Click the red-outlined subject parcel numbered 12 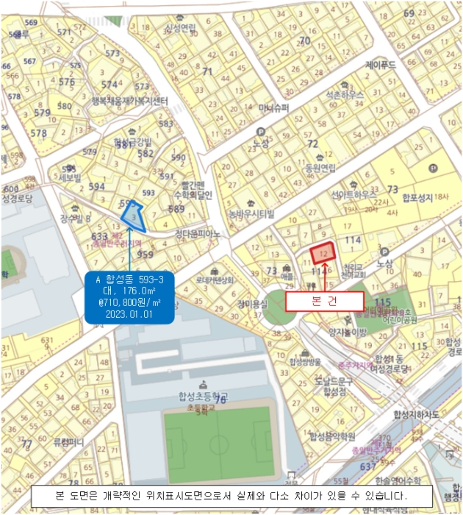[x=323, y=252]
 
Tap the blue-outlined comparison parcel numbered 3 [x=133, y=217]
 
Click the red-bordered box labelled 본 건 [x=324, y=302]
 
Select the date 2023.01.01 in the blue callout [x=129, y=312]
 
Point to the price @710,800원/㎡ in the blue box [x=129, y=302]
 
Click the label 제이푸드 [x=381, y=65]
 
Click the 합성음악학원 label [x=332, y=436]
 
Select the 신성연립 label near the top [x=181, y=28]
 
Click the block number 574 [x=109, y=85]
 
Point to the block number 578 [x=38, y=133]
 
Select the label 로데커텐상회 [x=215, y=280]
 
